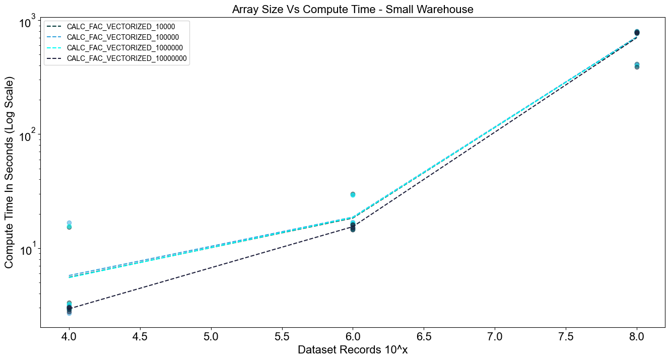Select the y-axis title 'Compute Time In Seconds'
[x=9, y=173]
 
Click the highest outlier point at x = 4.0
[x=69, y=223]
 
